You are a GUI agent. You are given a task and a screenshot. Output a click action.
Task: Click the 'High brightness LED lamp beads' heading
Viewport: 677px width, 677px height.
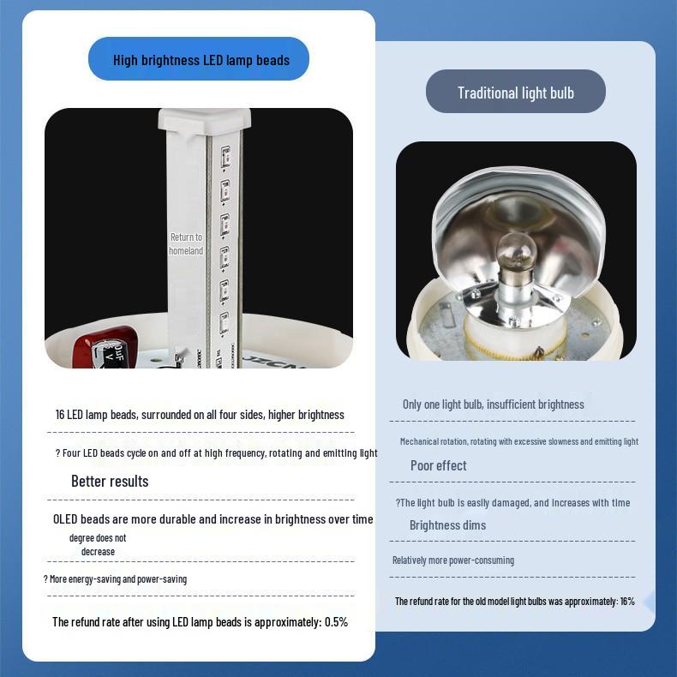pyautogui.click(x=201, y=60)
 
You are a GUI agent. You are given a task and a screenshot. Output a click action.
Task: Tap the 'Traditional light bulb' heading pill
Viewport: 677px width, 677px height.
pyautogui.click(x=516, y=92)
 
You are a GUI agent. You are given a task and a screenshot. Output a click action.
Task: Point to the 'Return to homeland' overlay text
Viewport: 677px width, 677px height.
pyautogui.click(x=186, y=243)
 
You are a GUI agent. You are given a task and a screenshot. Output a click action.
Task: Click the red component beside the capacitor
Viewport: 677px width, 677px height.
pyautogui.click(x=104, y=347)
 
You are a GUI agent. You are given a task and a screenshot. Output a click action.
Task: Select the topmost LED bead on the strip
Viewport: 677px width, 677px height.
pyautogui.click(x=225, y=156)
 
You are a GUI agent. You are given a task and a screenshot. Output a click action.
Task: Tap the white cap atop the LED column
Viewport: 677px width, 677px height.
pyautogui.click(x=204, y=120)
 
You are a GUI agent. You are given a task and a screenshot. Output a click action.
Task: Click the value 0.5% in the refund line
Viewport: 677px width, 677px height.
pyautogui.click(x=336, y=622)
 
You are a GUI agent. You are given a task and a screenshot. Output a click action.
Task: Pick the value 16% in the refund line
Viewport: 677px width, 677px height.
pyautogui.click(x=627, y=601)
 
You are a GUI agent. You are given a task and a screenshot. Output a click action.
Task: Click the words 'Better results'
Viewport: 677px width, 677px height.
pyautogui.click(x=110, y=481)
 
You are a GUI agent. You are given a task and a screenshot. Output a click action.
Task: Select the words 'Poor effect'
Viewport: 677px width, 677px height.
pyautogui.click(x=438, y=465)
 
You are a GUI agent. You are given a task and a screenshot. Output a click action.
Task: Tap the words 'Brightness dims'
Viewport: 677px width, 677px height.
pyautogui.click(x=447, y=525)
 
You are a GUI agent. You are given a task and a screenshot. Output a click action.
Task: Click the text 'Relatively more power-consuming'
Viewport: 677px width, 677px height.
pyautogui.click(x=453, y=560)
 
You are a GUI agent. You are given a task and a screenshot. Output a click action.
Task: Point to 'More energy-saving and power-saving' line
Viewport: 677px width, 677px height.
pyautogui.click(x=118, y=579)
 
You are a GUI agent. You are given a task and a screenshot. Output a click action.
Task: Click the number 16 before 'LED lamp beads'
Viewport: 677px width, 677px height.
pyautogui.click(x=60, y=415)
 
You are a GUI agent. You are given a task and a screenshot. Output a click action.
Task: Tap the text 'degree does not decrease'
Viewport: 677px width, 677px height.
pyautogui.click(x=98, y=545)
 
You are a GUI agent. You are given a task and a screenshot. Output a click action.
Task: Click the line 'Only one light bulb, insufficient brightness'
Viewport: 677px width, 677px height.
pyautogui.click(x=493, y=404)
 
